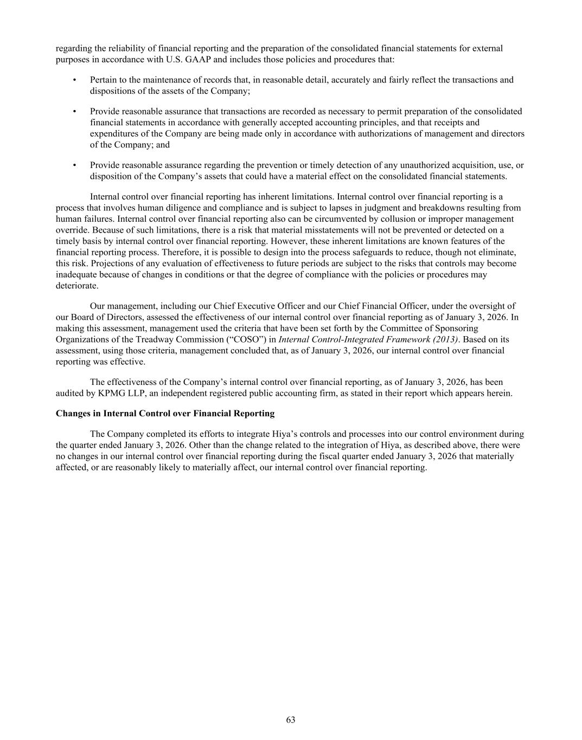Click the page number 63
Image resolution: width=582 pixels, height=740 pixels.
pyautogui.click(x=291, y=720)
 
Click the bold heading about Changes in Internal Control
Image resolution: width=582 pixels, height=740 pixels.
pyautogui.click(x=165, y=414)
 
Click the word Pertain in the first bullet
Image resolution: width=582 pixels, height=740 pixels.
pyautogui.click(x=104, y=80)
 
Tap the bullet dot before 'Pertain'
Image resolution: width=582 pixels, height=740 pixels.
pyautogui.click(x=74, y=80)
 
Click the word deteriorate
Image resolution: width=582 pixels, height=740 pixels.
pyautogui.click(x=77, y=286)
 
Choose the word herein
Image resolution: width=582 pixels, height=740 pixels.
pyautogui.click(x=499, y=393)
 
